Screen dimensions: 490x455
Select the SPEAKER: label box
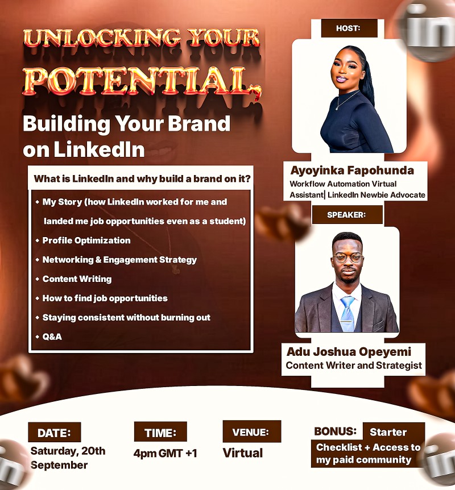(347, 214)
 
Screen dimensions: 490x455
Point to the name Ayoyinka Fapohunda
(352, 171)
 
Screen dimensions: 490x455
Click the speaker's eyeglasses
(348, 257)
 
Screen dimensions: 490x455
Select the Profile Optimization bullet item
(86, 240)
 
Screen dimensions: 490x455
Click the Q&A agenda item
(52, 337)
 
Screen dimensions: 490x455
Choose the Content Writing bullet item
(77, 279)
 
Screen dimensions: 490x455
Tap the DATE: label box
(55, 433)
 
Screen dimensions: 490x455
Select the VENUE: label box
(251, 432)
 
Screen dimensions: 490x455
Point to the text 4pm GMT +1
(165, 454)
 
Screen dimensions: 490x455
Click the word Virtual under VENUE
(242, 453)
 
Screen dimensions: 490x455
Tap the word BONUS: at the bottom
(336, 431)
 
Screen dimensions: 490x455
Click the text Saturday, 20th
(68, 451)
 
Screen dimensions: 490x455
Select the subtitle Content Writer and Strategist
(354, 366)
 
